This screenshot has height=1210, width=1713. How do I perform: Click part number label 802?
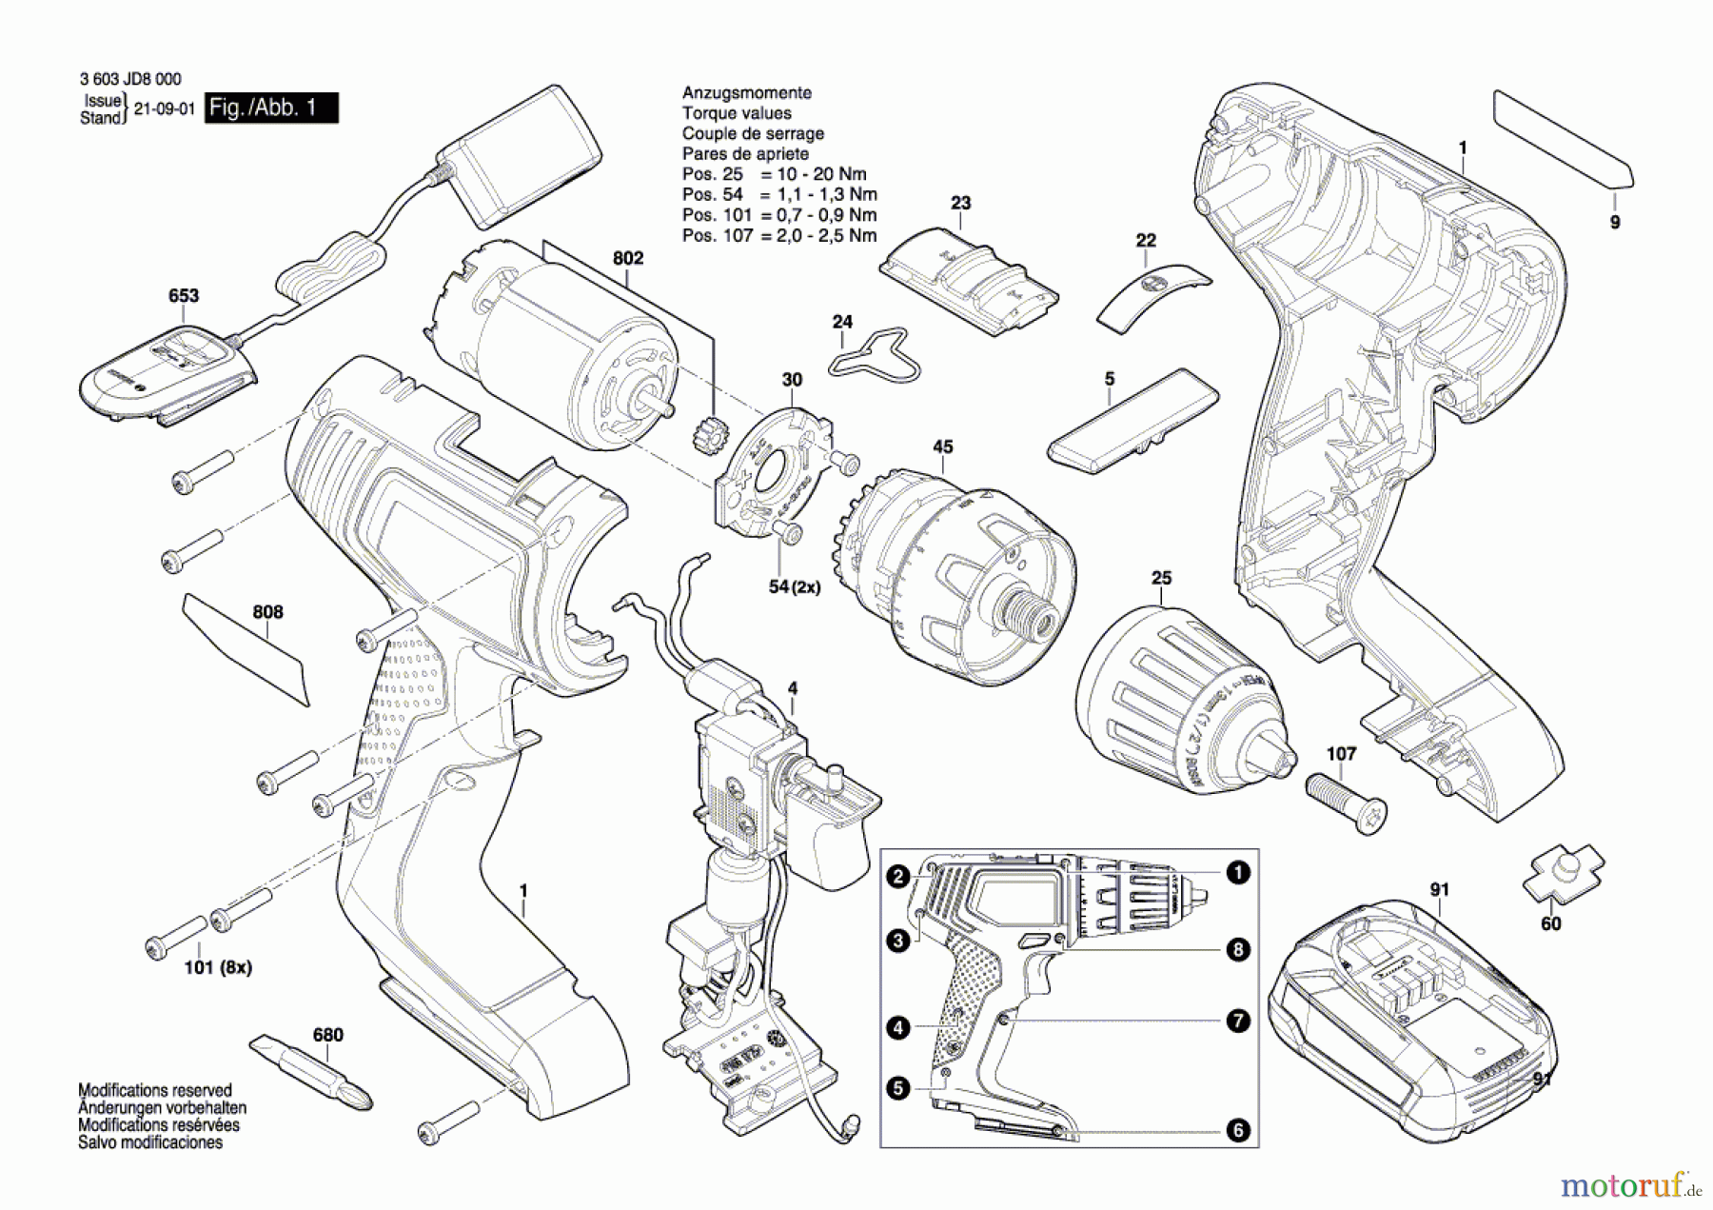[628, 258]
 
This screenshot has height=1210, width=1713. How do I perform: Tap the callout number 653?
[184, 295]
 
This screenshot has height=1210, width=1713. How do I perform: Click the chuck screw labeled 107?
[1345, 802]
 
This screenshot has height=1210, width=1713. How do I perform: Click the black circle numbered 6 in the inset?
[1237, 1130]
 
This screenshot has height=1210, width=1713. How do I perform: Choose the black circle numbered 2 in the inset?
[898, 876]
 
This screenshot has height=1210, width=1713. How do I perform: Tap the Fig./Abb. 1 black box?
[271, 108]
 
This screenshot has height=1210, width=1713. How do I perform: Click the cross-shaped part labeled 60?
[1563, 872]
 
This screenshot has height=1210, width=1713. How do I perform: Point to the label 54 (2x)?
[794, 587]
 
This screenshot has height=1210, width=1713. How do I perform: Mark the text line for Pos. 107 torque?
[778, 235]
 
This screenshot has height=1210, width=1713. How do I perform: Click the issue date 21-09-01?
[164, 109]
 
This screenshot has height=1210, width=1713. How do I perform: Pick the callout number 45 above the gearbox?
[942, 446]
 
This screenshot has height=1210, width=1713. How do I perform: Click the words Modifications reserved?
[155, 1090]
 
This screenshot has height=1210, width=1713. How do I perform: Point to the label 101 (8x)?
[218, 967]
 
